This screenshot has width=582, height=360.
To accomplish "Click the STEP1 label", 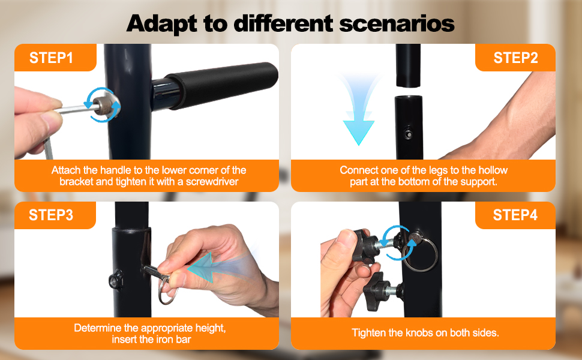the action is click(51, 58).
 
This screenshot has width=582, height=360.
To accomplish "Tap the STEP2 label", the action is click(515, 58).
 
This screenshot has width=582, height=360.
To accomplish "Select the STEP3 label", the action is click(51, 215).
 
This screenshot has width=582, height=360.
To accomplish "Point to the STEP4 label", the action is click(515, 215).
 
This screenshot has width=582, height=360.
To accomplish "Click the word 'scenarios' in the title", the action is click(397, 23).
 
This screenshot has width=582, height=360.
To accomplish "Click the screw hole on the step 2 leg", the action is click(408, 134).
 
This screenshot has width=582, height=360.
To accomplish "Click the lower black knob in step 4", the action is click(379, 292).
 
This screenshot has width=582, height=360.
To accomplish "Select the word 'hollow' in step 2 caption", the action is click(493, 170).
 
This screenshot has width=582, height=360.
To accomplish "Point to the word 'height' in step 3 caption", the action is click(210, 328).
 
